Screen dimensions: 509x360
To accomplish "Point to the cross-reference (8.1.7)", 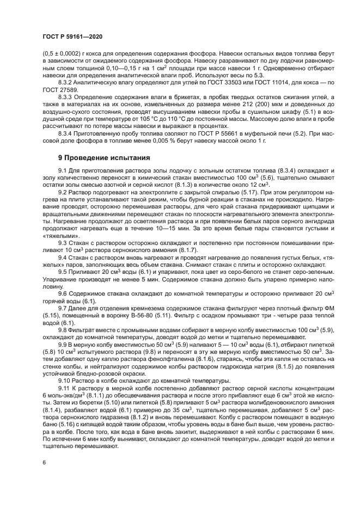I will coord(186,250).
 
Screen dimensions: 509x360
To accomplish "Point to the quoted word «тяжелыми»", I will coord(57,236).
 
